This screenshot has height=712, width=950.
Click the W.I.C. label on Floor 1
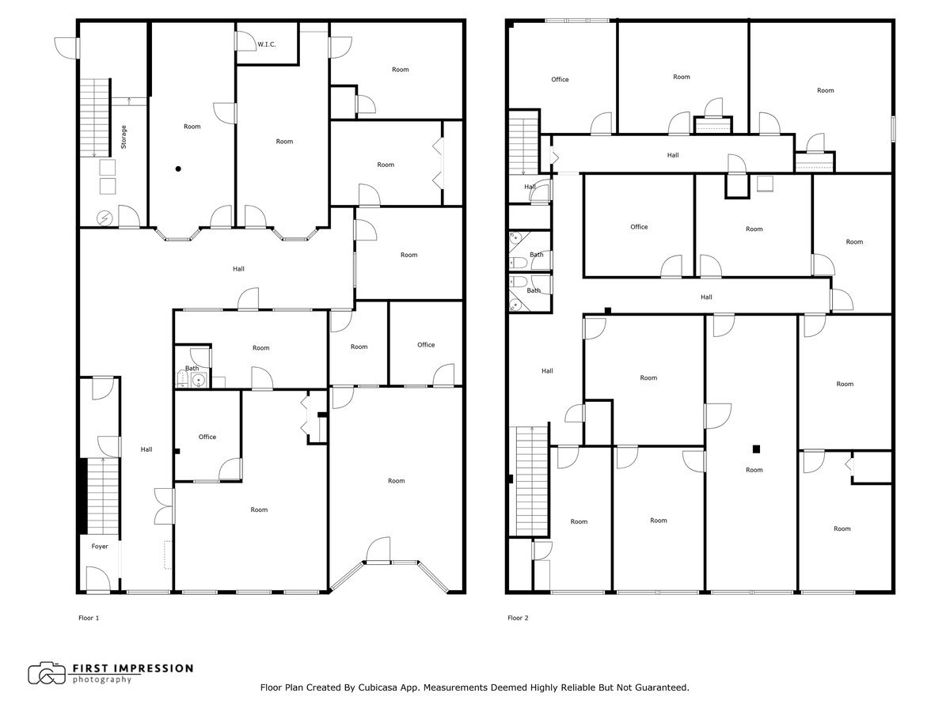point(266,44)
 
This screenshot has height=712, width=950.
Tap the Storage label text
point(123,138)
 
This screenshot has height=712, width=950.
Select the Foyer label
point(100,547)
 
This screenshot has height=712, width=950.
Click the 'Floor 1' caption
point(89,618)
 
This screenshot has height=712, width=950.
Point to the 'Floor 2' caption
point(518,618)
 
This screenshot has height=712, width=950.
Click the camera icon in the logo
point(47,673)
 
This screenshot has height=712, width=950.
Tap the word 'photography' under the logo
point(102,680)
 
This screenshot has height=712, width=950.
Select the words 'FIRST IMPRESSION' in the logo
point(133,668)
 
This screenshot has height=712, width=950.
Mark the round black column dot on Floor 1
point(179,169)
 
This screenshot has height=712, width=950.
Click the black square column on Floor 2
point(756,449)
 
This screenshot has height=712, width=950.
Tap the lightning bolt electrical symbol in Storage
point(104,218)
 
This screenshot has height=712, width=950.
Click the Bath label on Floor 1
point(192,368)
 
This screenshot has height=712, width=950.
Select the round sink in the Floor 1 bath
point(199,381)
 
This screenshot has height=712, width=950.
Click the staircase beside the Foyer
point(101,494)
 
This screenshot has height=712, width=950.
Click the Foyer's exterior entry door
point(97,580)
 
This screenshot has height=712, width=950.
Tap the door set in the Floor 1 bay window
point(378,551)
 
